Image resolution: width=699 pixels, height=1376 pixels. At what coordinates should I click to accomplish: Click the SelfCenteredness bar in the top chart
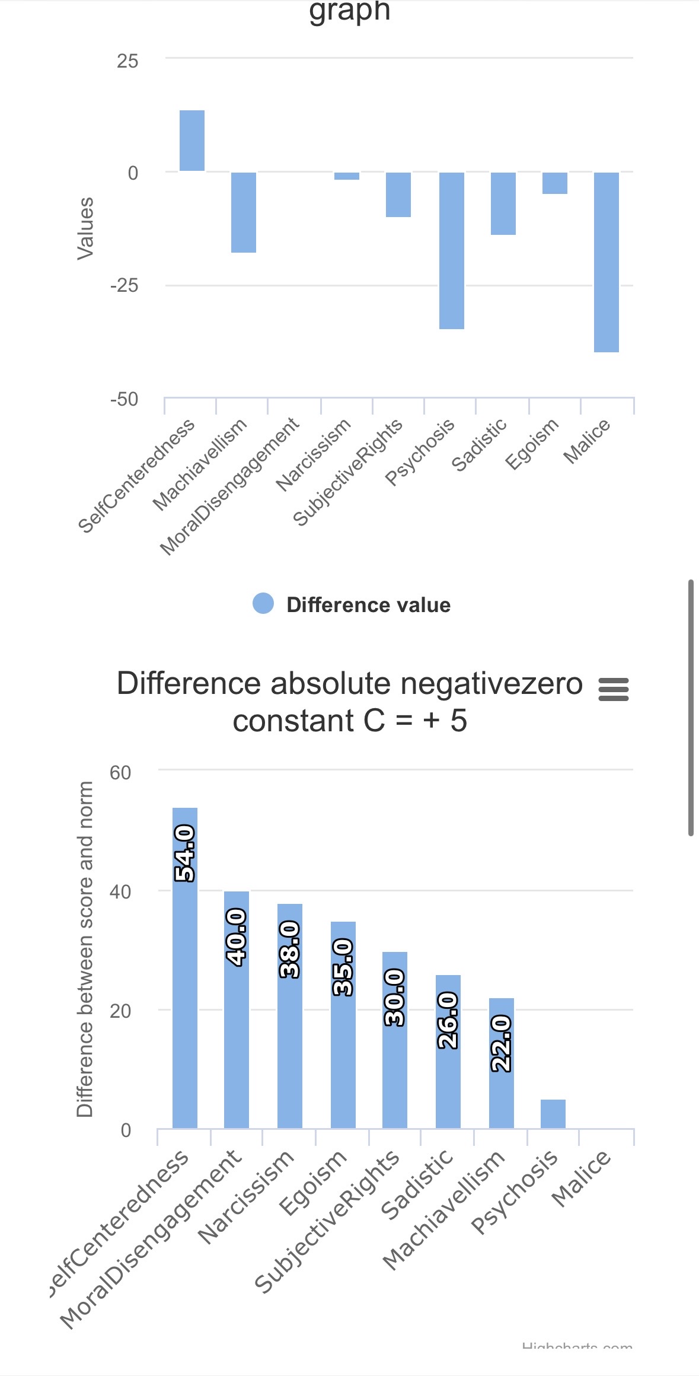192,141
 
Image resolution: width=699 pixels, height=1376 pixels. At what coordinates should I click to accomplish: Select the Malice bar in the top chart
606,262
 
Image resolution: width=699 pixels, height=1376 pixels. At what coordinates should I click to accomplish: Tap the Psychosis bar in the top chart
451,250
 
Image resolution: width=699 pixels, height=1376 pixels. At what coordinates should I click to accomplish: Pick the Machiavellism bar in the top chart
244,212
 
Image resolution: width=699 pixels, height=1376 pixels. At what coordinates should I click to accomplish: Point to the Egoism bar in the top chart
554,183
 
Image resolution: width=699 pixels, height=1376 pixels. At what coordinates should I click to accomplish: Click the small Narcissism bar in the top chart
347,176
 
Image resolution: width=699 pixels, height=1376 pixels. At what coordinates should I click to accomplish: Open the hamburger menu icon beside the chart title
614,690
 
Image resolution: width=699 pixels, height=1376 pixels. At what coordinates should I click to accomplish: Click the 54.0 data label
185,853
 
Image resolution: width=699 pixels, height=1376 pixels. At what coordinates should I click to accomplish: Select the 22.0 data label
502,1043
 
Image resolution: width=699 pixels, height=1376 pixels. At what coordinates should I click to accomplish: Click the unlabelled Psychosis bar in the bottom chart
553,1114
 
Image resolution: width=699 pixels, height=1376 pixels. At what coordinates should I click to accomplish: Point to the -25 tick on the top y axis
124,286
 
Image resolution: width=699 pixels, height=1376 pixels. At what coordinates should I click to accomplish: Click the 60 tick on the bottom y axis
120,773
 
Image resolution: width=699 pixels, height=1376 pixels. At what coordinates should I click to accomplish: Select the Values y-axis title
86,228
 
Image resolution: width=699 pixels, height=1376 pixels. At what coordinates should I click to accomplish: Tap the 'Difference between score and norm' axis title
85,949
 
